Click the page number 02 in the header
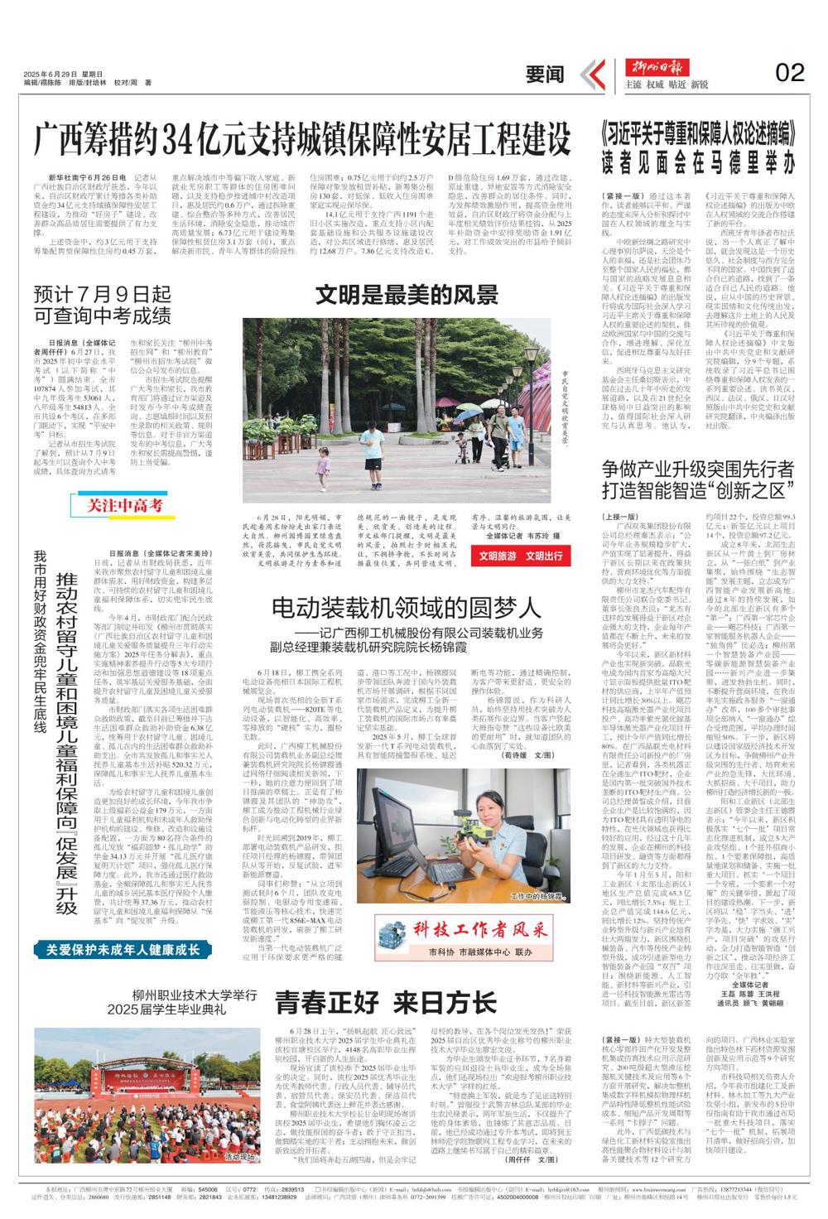pos(789,73)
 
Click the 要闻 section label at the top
pos(545,75)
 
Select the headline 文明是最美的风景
pos(407,295)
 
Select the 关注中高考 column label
pos(126,504)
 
